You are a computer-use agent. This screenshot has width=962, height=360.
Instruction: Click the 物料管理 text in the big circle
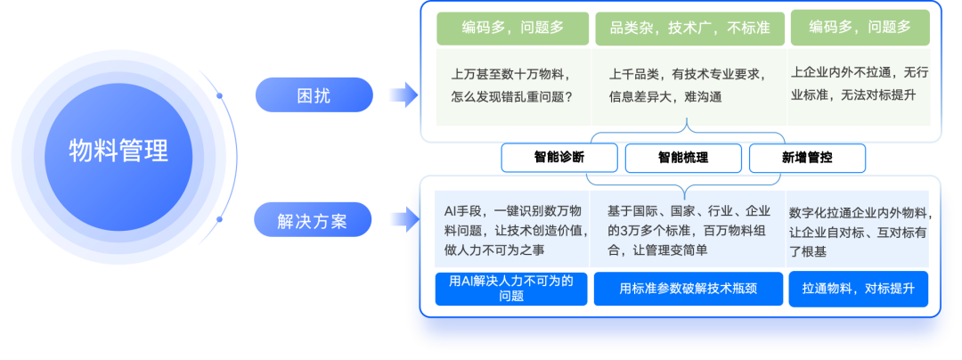118,151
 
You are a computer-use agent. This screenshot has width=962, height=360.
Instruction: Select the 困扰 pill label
313,94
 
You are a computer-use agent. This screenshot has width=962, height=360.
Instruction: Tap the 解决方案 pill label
313,220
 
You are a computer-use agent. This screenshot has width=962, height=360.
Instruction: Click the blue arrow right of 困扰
403,94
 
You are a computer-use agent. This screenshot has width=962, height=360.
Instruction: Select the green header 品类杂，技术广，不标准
689,28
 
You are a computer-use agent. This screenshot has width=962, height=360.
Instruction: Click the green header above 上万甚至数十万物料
512,28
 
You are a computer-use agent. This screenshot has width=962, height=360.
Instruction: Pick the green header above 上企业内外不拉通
860,28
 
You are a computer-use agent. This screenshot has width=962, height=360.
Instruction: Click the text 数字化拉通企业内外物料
860,213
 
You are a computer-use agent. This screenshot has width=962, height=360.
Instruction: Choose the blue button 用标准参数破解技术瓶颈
689,289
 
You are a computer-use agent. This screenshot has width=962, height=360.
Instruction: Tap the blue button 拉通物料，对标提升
859,289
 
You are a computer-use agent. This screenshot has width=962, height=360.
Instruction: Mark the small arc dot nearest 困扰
219,94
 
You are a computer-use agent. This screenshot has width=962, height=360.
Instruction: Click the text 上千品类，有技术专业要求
687,74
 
